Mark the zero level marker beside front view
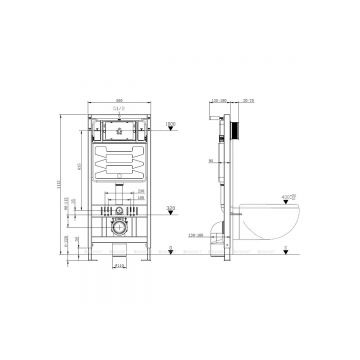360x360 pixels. [x=170, y=250]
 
